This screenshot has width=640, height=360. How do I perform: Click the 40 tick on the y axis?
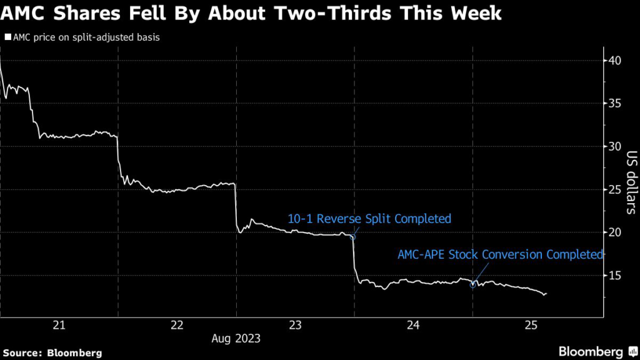pos(614,61)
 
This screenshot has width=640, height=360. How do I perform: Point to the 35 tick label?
pos(614,104)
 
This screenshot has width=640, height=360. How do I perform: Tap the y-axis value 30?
pos(614,146)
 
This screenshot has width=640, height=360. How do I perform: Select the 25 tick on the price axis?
pos(614,189)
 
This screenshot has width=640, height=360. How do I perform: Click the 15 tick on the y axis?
pos(614,275)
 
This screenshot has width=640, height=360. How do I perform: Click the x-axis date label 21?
pos(59,324)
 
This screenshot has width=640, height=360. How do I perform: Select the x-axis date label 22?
pos(177,324)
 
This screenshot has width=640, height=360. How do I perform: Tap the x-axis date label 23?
pos(295,324)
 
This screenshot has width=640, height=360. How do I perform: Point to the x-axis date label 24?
pos(413,324)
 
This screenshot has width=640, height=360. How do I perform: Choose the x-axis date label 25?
pos(531,324)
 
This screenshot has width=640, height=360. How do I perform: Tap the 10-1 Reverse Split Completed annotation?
pos(369,219)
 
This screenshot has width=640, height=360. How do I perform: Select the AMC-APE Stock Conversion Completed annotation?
pos(501,254)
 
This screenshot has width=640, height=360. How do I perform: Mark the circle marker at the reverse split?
pos(352,237)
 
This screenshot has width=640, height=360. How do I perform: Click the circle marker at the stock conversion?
pos(473,284)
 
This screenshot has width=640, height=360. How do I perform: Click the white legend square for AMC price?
pos(7,37)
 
